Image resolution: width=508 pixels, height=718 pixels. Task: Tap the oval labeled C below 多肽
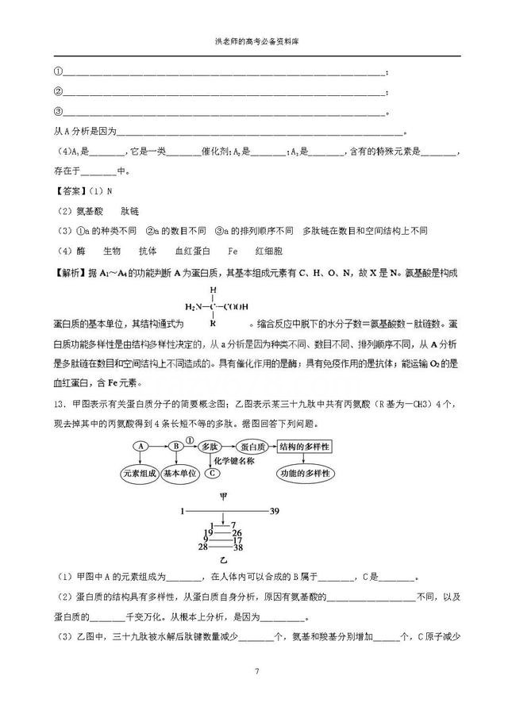click(211, 474)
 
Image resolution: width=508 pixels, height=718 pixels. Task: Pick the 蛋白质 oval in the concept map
click(257, 446)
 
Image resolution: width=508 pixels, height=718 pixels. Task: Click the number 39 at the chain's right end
click(275, 511)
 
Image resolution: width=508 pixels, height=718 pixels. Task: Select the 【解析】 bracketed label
click(71, 272)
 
